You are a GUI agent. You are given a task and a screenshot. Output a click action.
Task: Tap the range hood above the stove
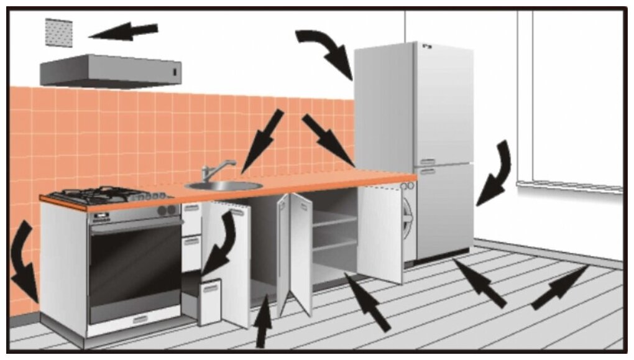coord(112,70)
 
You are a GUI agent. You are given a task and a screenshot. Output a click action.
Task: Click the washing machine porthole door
coord(408,215)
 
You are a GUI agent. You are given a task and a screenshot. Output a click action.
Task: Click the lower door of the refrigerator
coord(444,211)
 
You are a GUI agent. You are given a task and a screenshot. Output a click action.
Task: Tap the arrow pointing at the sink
coord(261,141)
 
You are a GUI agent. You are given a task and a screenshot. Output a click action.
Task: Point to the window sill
coord(569,187)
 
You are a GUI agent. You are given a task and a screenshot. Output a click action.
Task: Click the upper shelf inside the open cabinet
coord(334,221)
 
